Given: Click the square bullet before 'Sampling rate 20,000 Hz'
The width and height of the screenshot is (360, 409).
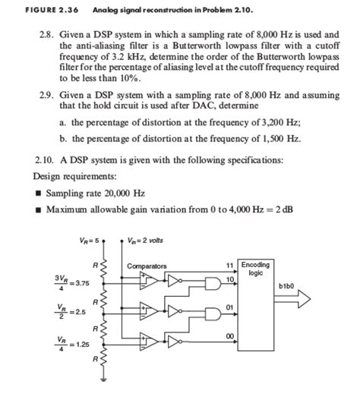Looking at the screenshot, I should [x=39, y=193].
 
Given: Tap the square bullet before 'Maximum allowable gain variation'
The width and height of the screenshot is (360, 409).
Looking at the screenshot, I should [x=39, y=209].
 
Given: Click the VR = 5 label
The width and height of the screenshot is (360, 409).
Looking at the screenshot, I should [x=88, y=241].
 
